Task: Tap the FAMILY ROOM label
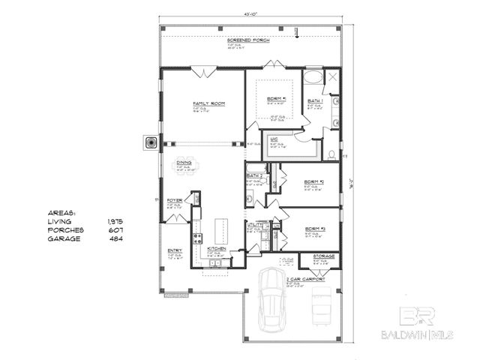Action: (x=209, y=103)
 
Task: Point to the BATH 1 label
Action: (x=314, y=100)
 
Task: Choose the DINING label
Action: (x=184, y=161)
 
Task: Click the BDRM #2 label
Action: (x=313, y=182)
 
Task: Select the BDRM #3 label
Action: (x=314, y=229)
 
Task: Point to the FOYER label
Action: (x=175, y=200)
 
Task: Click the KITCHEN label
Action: (x=207, y=247)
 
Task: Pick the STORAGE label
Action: (x=324, y=256)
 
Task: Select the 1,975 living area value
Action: (x=115, y=222)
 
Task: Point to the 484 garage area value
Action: (x=115, y=238)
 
